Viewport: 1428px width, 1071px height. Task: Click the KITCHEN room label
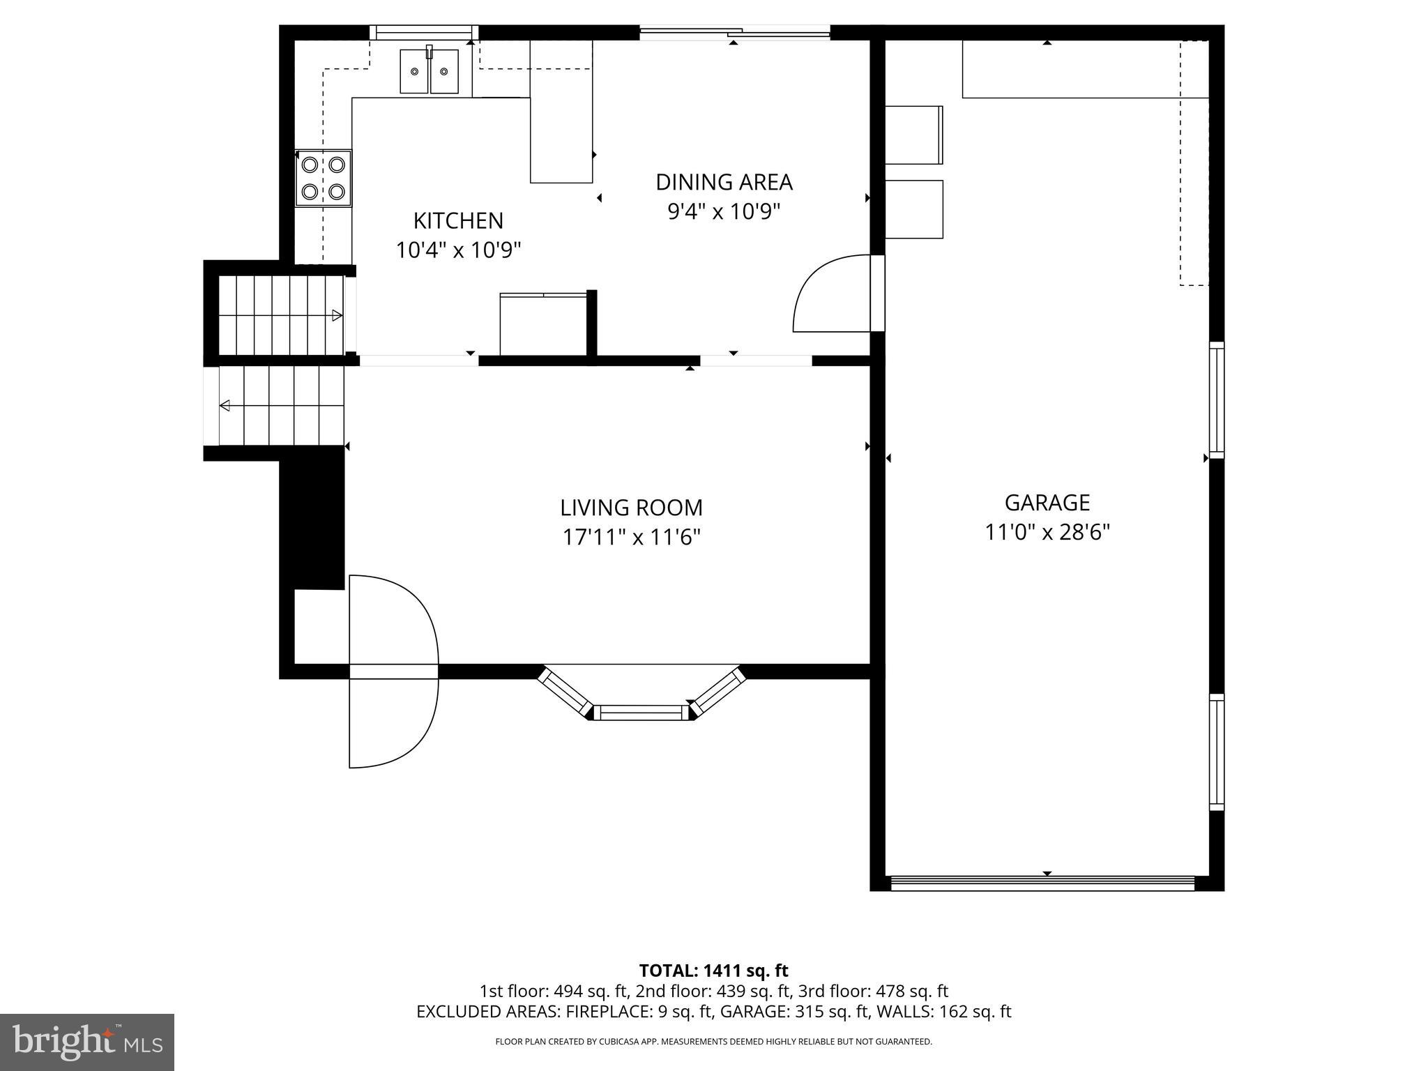pyautogui.click(x=458, y=220)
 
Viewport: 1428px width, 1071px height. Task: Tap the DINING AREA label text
pyautogui.click(x=724, y=182)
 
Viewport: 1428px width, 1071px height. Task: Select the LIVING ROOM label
pyautogui.click(x=631, y=507)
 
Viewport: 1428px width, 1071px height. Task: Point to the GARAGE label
pyautogui.click(x=1047, y=502)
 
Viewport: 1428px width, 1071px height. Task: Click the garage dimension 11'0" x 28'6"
pyautogui.click(x=1047, y=533)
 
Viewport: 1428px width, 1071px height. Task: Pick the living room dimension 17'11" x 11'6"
pyautogui.click(x=631, y=538)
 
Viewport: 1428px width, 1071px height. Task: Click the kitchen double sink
pyautogui.click(x=429, y=71)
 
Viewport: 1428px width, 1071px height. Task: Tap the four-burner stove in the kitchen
pyautogui.click(x=324, y=178)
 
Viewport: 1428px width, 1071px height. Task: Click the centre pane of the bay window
pyautogui.click(x=641, y=712)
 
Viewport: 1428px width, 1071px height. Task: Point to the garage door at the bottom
pyautogui.click(x=1043, y=883)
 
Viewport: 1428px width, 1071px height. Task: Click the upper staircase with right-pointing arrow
pyautogui.click(x=282, y=315)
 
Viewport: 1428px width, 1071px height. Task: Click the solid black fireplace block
pyautogui.click(x=312, y=519)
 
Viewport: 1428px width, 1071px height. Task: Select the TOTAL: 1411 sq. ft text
pyautogui.click(x=713, y=971)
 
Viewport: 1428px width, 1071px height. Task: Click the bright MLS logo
pyautogui.click(x=87, y=1042)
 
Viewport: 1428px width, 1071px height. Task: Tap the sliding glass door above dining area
pyautogui.click(x=735, y=32)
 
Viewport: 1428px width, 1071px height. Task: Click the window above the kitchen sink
pyautogui.click(x=423, y=32)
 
